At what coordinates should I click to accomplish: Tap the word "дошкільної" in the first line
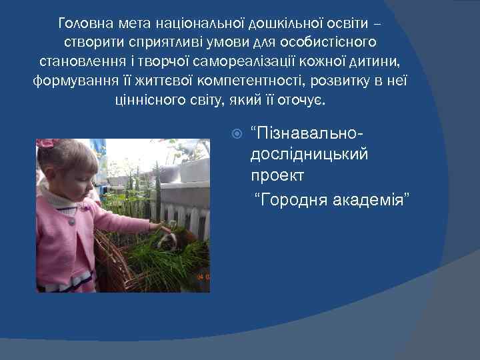(x=280, y=25)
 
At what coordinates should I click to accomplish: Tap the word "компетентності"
(x=267, y=81)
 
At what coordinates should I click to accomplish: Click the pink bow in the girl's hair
(x=47, y=143)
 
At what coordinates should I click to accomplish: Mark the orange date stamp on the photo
(x=202, y=277)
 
